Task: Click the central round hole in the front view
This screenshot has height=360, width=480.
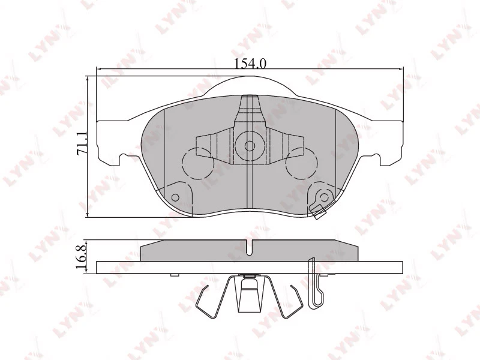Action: (248, 145)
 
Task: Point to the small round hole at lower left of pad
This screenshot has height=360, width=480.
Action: (175, 197)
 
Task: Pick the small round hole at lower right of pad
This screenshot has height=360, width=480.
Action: (324, 197)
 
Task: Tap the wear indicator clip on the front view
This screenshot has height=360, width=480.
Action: (317, 209)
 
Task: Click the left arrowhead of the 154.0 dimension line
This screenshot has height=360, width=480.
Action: (100, 70)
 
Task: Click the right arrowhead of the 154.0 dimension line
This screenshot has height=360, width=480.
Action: (400, 70)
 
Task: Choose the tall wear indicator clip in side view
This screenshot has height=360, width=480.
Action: (313, 282)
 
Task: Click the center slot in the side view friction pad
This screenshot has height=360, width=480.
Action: (248, 247)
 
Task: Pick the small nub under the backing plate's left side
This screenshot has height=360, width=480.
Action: (174, 275)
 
